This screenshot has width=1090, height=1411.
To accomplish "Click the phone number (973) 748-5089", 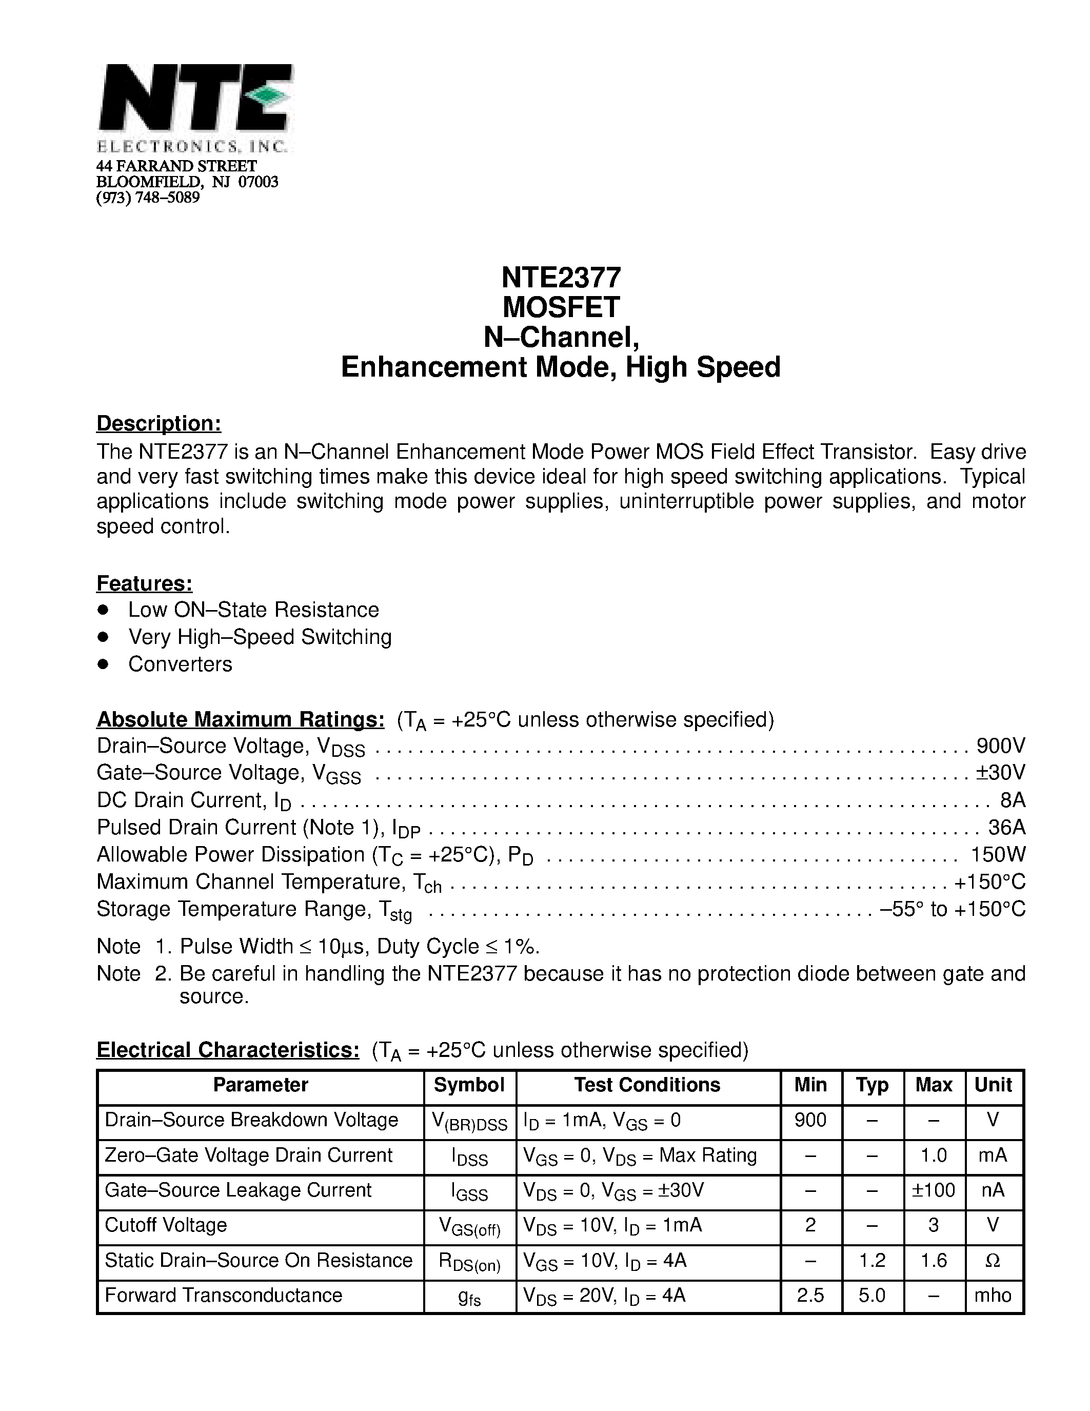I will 148,198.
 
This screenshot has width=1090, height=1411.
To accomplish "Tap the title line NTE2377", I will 561,278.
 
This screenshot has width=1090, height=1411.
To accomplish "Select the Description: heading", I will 159,423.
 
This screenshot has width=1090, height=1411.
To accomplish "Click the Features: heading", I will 145,583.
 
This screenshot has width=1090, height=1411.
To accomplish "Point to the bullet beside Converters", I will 103,663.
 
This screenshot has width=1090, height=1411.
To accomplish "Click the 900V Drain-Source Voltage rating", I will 1000,746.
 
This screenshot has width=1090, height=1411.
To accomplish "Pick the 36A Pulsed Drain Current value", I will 1007,828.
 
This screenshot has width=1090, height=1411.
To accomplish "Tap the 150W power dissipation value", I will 998,855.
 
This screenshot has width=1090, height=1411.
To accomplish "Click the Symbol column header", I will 469,1085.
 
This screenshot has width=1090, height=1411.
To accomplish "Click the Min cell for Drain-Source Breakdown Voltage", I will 810,1120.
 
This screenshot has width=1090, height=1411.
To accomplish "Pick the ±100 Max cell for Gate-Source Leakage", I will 933,1190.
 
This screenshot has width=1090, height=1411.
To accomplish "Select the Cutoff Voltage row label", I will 166,1225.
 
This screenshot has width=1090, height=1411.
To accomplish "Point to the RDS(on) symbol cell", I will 469,1262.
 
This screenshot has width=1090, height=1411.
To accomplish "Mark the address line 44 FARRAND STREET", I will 176,167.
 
